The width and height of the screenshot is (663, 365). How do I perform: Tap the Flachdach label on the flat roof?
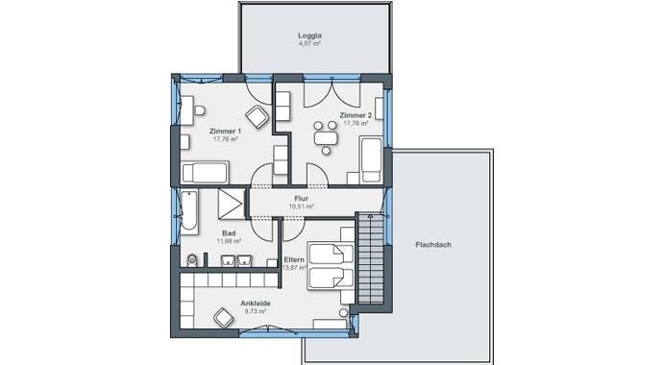coord(433,244)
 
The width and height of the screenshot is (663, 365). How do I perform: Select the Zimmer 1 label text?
coord(225,131)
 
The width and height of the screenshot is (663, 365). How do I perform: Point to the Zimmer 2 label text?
coord(355,115)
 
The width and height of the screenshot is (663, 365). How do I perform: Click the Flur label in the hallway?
coord(301,198)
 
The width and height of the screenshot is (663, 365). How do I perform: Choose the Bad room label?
coord(229,233)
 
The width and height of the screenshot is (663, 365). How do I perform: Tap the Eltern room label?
coord(294,259)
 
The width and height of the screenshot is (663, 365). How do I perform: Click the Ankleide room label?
coord(255,304)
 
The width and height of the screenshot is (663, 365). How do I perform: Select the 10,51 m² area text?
coord(301,206)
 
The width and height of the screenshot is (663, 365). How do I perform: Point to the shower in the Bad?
coord(231,205)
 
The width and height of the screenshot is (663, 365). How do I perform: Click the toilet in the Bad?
coord(192,258)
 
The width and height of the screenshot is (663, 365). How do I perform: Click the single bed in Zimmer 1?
coord(205,172)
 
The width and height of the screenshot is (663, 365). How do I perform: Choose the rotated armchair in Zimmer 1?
coord(257,117)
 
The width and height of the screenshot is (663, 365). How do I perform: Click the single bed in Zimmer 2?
coord(370,158)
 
